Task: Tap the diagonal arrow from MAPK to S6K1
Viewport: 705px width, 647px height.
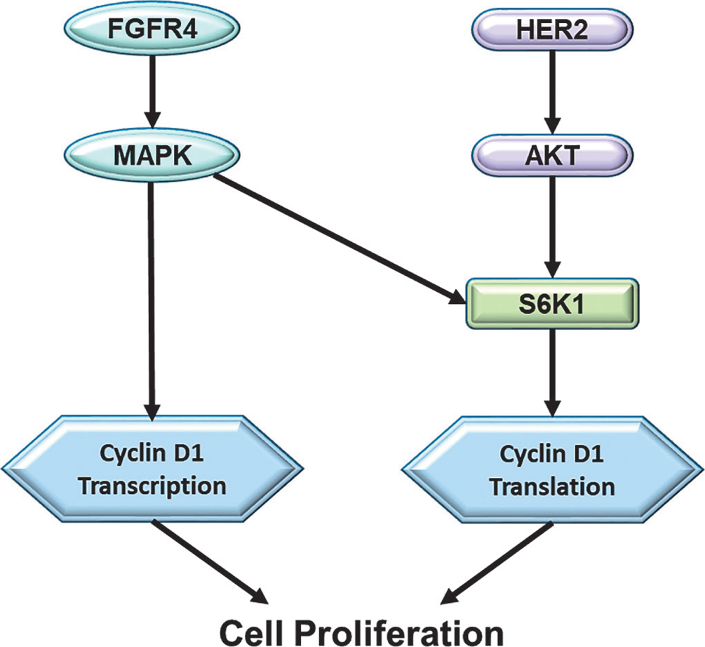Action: pos(337,237)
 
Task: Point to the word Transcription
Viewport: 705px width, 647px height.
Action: pos(152,486)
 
